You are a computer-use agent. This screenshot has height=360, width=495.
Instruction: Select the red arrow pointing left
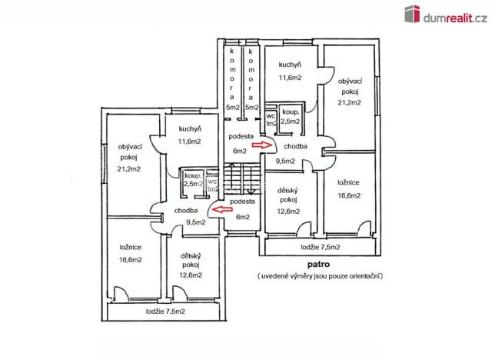(x=223, y=208)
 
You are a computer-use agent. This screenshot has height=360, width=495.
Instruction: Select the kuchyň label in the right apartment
(x=290, y=65)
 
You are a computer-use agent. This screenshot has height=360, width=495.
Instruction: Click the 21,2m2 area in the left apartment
(x=128, y=169)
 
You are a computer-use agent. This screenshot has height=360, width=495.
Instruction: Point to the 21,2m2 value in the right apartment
(x=349, y=102)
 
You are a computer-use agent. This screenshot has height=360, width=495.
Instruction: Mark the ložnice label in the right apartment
(x=349, y=183)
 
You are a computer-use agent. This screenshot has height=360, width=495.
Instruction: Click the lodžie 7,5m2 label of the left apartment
(x=165, y=312)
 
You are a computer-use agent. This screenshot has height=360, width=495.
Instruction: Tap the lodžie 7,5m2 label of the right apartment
(x=321, y=247)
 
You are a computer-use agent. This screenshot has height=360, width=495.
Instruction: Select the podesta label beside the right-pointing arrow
(x=240, y=137)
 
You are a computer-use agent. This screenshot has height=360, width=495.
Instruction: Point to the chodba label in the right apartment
(x=295, y=146)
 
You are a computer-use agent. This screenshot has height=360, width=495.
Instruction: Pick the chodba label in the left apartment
(x=186, y=210)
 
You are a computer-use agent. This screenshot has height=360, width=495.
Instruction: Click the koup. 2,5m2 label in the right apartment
(x=290, y=115)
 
